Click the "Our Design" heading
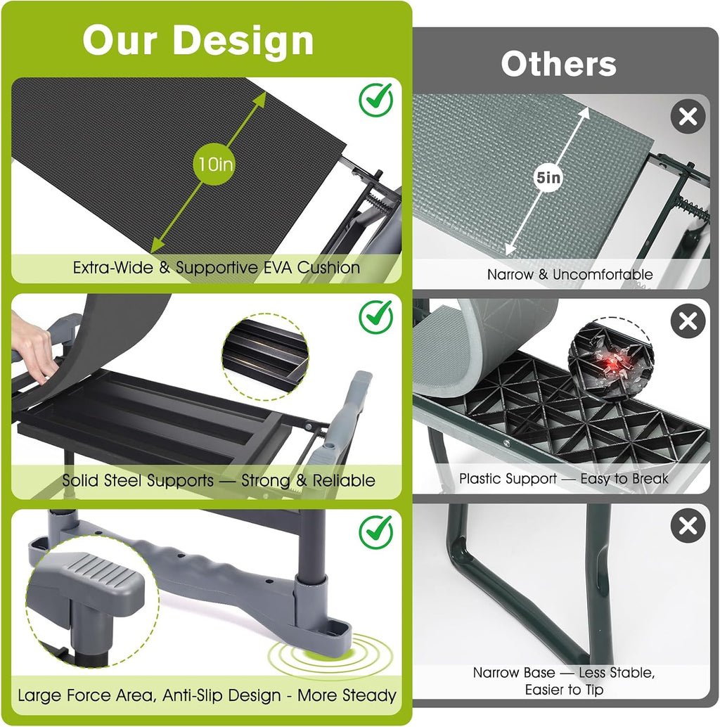coord(198,40)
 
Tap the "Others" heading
coord(559,64)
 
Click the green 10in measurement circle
coord(214,164)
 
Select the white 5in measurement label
coord(548,177)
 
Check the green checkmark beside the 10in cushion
coord(376,100)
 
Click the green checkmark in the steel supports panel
coord(376,316)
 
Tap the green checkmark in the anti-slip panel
coord(376,532)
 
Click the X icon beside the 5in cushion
coord(688,117)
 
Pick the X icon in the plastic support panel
coord(688,321)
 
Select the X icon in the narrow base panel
coord(688,525)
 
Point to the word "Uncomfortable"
coord(603,274)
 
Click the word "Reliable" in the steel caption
coord(344,480)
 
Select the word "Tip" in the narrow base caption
coord(594,690)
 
